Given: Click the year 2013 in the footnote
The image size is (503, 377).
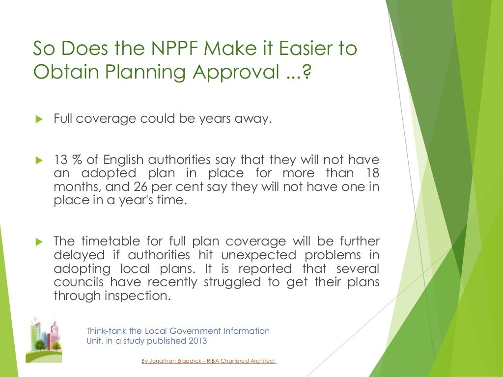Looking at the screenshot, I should pos(196,341).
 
